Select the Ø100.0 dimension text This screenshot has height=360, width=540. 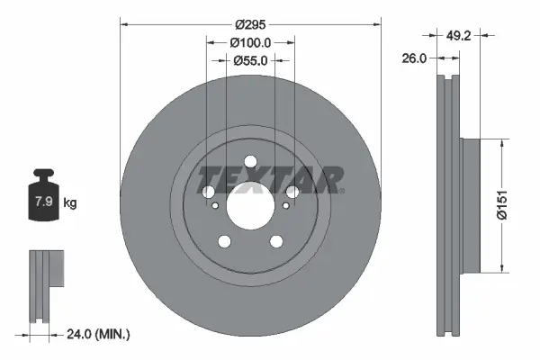251,42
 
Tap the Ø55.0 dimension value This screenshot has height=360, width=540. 251,61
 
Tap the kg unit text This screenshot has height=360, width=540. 70,202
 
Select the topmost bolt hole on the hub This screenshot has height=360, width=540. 209,192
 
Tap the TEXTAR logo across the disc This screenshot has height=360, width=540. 270,178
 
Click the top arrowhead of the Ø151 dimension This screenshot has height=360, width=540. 501,142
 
